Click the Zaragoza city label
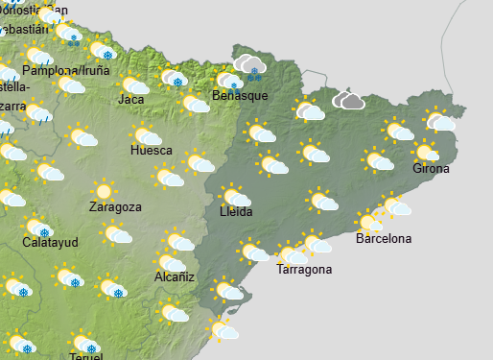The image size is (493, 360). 115,206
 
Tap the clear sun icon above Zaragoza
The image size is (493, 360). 103,191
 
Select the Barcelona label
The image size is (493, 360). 383,238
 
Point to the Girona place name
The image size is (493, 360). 430,169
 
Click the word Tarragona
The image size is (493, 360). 304,270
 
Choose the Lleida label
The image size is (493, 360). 236,212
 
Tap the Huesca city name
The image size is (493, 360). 152,151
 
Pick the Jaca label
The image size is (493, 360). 132,99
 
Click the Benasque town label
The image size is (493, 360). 239,96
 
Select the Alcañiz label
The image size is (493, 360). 175,277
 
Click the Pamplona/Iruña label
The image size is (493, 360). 68,71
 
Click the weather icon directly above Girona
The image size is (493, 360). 428,152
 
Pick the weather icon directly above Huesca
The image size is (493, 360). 146,135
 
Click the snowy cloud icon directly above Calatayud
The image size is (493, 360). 39,228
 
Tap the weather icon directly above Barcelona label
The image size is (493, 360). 370,223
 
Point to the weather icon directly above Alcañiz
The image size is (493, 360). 173,262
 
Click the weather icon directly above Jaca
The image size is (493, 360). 133,84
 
